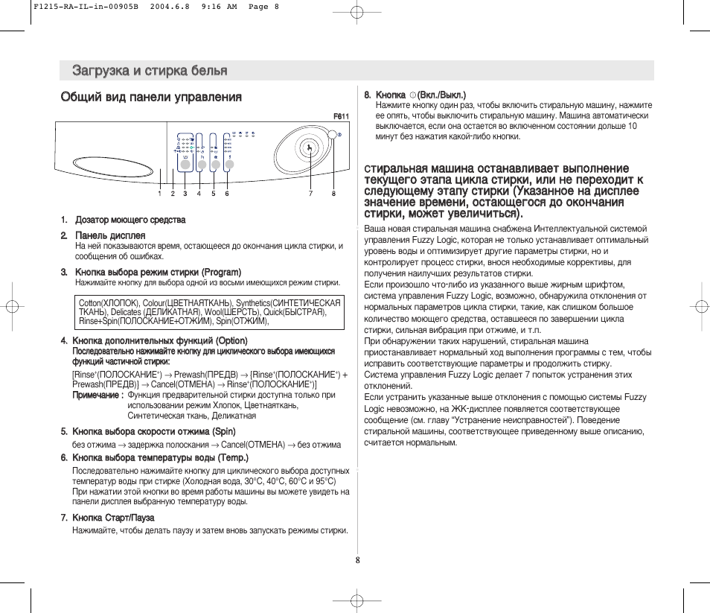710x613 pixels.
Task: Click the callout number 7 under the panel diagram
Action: tap(311, 194)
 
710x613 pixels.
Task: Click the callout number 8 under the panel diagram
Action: tap(333, 194)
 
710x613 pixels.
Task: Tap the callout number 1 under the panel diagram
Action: tap(159, 194)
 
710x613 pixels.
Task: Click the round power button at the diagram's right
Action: tap(331, 135)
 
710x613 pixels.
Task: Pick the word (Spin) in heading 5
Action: tap(224, 431)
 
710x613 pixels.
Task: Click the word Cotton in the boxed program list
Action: tap(90, 303)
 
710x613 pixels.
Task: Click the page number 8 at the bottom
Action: tap(357, 560)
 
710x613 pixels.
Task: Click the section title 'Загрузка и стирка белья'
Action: tap(150, 71)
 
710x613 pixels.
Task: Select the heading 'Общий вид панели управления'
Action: tap(151, 97)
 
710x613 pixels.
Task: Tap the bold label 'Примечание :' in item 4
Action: tap(97, 396)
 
